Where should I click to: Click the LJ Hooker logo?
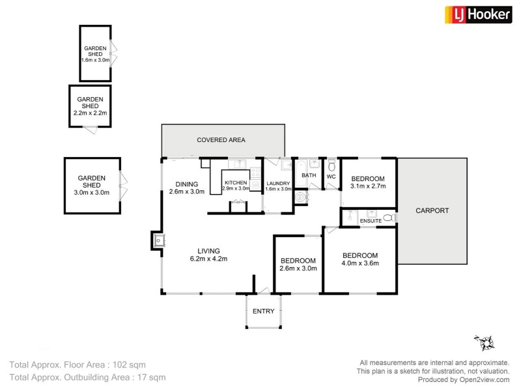[478, 14]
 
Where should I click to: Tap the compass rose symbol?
[485, 343]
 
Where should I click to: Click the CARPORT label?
[432, 210]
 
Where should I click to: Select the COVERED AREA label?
[221, 140]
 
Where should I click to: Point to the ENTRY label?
[264, 311]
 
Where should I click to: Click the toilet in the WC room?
[331, 165]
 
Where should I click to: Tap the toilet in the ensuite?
[389, 218]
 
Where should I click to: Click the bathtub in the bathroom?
[302, 173]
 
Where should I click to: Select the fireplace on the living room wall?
[158, 240]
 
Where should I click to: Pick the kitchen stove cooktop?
[255, 172]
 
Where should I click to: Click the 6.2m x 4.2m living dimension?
[208, 259]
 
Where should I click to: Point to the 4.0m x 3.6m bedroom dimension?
[360, 263]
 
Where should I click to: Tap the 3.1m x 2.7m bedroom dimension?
[368, 186]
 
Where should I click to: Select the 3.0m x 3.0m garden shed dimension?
[91, 192]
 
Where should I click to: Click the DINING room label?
[187, 184]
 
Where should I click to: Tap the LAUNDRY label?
[278, 183]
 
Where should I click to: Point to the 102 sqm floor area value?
[129, 365]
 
